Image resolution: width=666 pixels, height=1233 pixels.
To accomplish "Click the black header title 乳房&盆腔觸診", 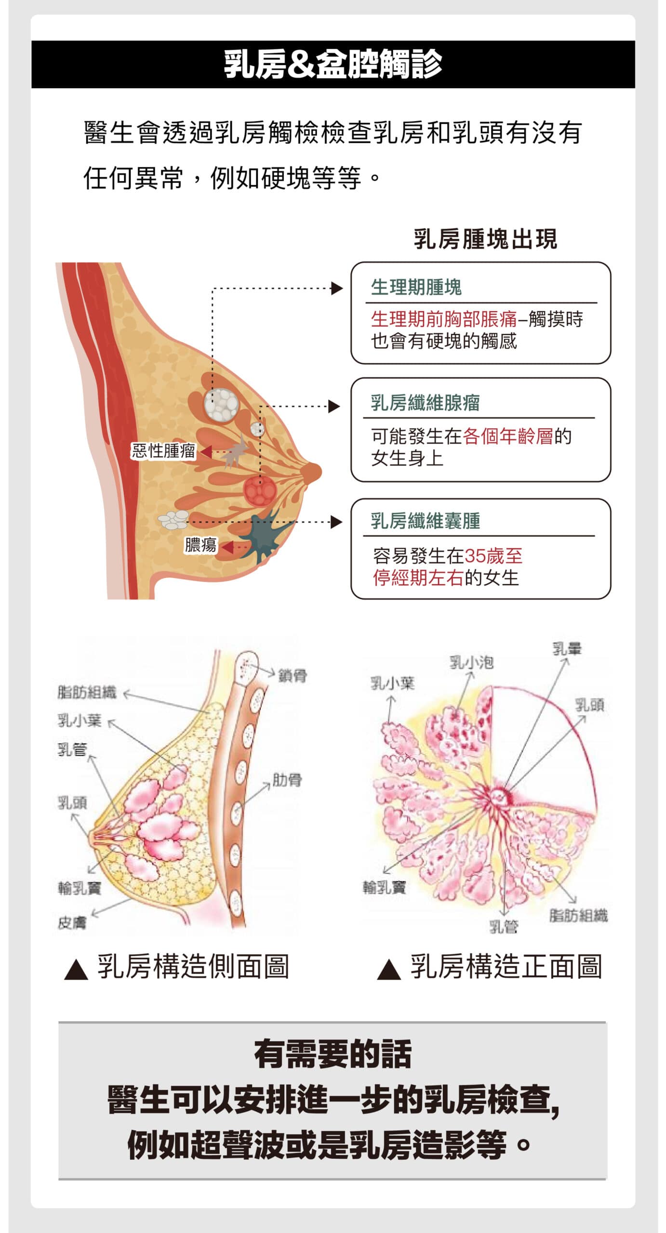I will click(333, 64).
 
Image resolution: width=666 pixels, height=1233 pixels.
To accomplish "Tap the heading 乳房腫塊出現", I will click(485, 239).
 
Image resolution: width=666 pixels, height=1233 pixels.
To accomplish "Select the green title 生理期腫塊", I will click(416, 288).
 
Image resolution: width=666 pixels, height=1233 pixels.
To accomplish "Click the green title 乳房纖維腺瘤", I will click(425, 403).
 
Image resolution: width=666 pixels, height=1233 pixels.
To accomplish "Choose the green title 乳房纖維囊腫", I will click(425, 521).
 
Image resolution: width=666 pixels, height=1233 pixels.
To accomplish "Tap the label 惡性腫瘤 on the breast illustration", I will click(163, 451).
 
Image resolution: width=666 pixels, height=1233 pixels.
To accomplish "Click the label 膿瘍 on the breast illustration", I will click(200, 545).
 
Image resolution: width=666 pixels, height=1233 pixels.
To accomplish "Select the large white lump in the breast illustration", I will click(221, 405).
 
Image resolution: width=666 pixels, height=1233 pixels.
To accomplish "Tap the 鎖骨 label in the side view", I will click(293, 676).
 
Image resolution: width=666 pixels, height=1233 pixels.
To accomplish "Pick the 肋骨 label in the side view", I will click(287, 780).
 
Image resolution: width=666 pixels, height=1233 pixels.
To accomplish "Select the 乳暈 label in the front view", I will click(567, 649).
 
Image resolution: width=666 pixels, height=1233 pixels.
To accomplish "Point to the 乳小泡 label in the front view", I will click(471, 663).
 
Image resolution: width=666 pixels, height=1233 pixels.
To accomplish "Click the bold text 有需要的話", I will click(333, 1054).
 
